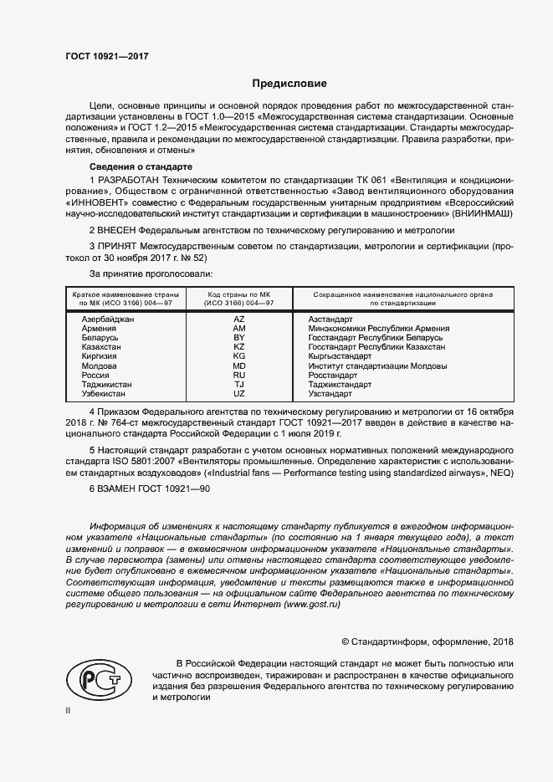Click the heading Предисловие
289,84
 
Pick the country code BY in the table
238,338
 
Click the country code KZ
238,347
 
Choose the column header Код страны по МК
239,299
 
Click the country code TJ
238,385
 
